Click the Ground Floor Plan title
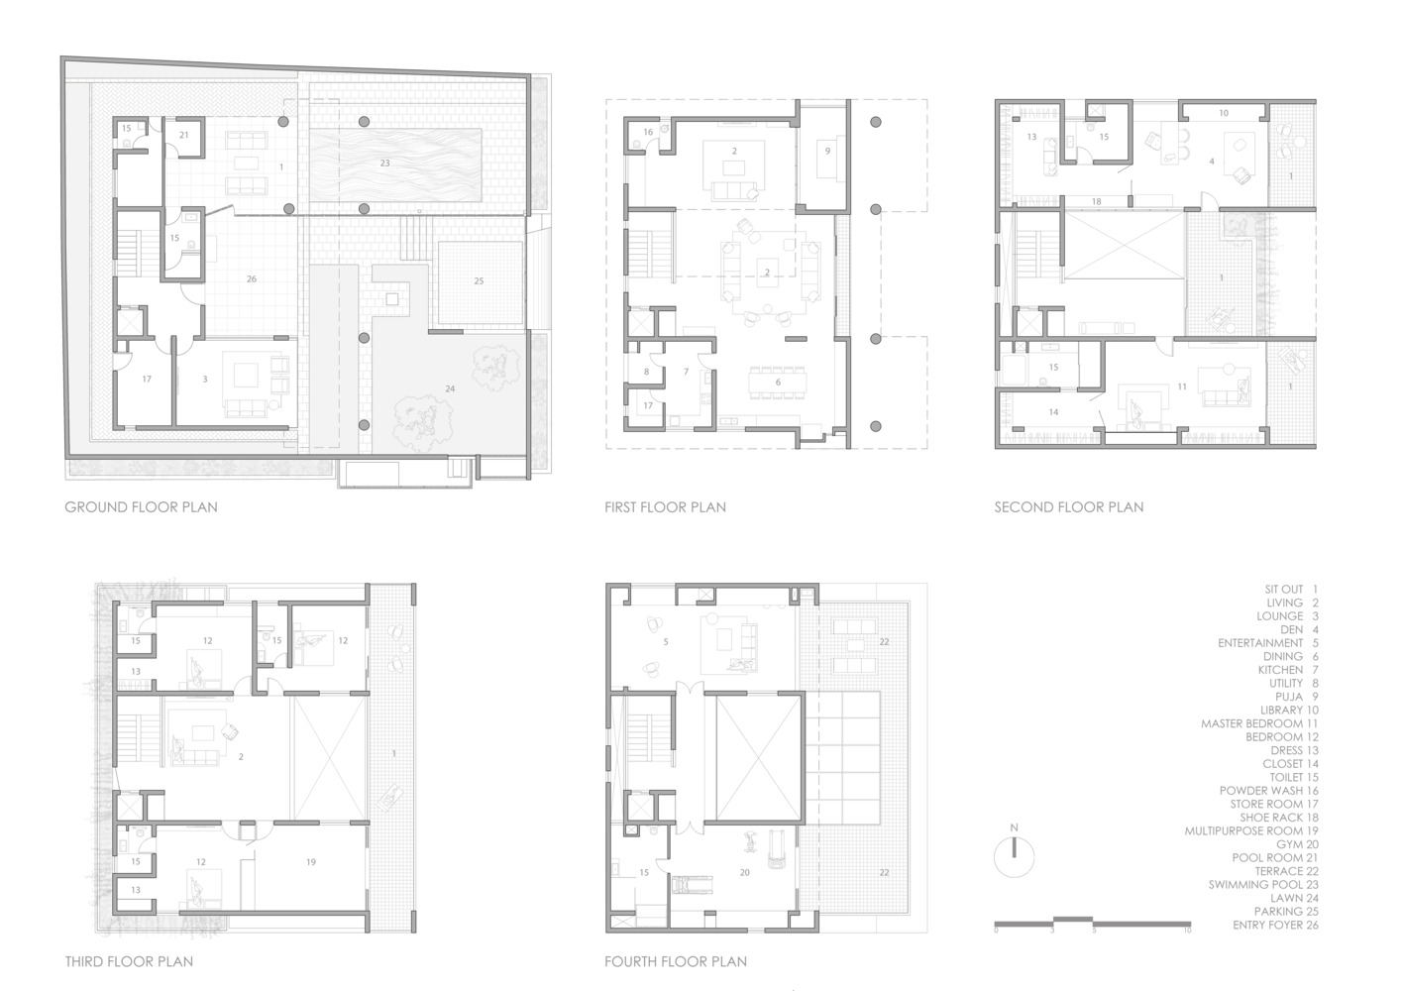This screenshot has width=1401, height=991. tap(142, 507)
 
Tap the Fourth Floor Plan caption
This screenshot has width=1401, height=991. tap(676, 961)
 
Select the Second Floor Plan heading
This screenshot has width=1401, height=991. tap(1069, 507)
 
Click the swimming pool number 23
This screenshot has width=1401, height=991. tap(384, 164)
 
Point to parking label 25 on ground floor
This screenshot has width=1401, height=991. tap(479, 281)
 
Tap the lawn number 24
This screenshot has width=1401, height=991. tap(450, 389)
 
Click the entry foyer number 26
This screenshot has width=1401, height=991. tap(252, 279)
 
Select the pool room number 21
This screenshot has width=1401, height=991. tap(184, 135)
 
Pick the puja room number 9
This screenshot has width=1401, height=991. tap(827, 151)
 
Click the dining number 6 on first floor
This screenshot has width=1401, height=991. tap(778, 383)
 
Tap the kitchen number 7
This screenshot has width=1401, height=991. tap(686, 372)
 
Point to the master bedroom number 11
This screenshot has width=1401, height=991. tap(1182, 387)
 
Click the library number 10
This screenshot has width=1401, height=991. tap(1224, 113)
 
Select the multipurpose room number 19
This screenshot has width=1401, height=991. tap(311, 862)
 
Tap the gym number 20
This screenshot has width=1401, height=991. tap(744, 873)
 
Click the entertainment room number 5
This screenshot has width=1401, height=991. tap(666, 642)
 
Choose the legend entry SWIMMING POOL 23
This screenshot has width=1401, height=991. tap(1262, 885)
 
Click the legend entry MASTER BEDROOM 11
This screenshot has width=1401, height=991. tap(1259, 723)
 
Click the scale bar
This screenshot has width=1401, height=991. tap(1092, 924)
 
